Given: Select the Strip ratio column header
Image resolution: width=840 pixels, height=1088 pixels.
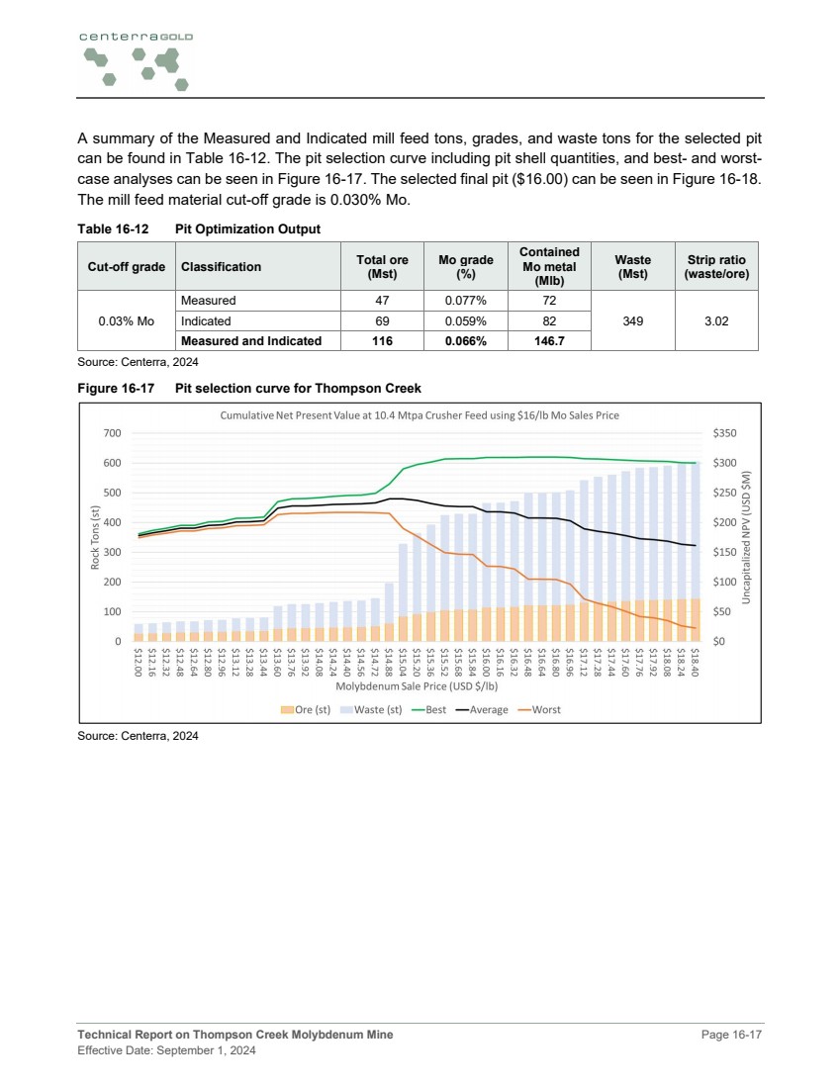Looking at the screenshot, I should pos(717,266).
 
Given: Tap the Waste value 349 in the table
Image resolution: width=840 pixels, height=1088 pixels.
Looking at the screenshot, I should pos(631,320).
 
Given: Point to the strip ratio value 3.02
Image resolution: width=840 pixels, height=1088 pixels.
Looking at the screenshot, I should pos(717,320).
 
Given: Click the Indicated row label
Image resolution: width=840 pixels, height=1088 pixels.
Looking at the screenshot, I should pos(206,320).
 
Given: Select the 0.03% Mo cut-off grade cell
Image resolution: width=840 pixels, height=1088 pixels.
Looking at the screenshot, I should pos(127,320).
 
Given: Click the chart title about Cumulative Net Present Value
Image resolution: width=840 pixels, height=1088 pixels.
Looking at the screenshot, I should pos(420,415).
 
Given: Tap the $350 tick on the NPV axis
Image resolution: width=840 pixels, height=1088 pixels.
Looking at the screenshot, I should pos(726,433).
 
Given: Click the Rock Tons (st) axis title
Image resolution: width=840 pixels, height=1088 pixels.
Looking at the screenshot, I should pos(95,537).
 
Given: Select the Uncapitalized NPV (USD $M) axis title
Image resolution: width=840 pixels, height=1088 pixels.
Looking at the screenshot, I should pos(750,537).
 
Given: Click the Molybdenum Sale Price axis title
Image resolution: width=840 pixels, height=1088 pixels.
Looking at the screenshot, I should pos(418,685).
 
